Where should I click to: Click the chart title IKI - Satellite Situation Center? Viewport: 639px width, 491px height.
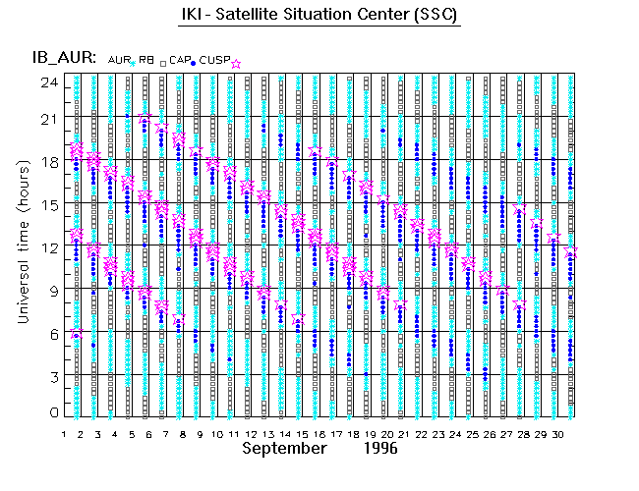[x=319, y=16]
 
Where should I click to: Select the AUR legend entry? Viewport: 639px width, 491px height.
[x=118, y=60]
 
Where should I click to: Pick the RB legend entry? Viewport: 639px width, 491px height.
[x=145, y=60]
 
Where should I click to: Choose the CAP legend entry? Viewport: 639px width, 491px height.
[x=179, y=60]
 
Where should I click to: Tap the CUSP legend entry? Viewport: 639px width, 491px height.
[x=212, y=60]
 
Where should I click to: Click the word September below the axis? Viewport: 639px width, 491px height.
[x=284, y=448]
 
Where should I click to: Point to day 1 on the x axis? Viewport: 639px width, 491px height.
[x=64, y=433]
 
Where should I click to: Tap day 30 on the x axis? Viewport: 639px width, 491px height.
[x=555, y=433]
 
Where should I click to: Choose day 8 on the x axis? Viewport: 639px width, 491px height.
[x=183, y=433]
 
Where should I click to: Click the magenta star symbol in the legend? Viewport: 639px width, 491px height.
[x=236, y=63]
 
